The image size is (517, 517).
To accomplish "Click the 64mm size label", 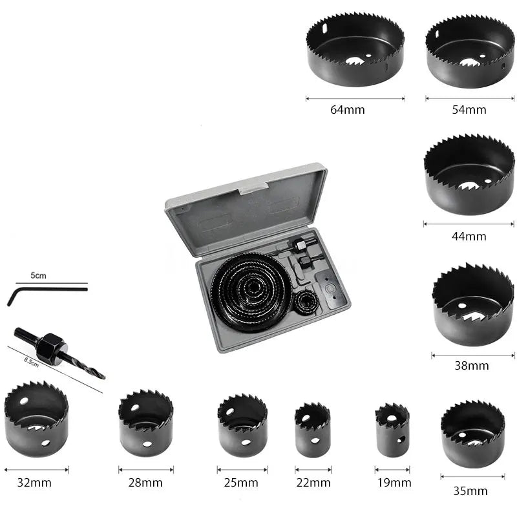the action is tap(348, 109).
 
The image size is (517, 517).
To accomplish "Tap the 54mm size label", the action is tap(469, 109).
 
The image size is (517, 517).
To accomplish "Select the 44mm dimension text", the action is tap(469, 236).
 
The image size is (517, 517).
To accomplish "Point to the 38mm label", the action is tap(472, 365).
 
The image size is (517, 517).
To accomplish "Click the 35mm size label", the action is tap(470, 491).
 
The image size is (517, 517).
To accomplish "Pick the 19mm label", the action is tap(394, 483).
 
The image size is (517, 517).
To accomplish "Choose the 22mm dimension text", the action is tap(313, 483).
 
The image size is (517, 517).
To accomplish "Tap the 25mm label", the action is tap(241, 483).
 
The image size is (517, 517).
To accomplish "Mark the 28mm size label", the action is tap(145, 483).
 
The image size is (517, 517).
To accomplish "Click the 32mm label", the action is tap(34, 483).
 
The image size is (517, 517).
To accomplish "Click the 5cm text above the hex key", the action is tap(38, 275).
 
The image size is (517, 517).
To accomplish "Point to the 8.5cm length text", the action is tap(31, 362).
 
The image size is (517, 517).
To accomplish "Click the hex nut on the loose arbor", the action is tap(52, 349).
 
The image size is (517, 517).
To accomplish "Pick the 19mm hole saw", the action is tap(392, 430).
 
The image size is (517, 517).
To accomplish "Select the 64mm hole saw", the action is tap(355, 50).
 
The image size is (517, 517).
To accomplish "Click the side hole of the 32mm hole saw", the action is tap(46, 443).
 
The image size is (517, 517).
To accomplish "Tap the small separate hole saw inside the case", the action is tap(306, 303).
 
